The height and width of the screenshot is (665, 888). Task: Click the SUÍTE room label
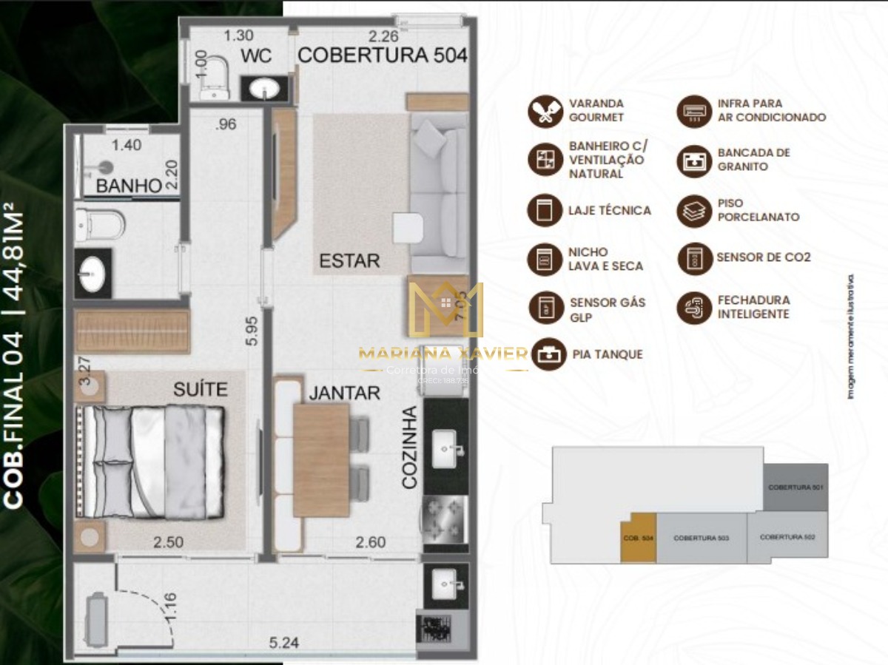point(200,389)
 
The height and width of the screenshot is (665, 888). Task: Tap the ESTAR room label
point(349,260)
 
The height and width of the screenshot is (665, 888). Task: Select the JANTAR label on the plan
point(344,393)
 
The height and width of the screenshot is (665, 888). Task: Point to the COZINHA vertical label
point(410,447)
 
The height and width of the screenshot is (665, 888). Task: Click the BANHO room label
point(129,186)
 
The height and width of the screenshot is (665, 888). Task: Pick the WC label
point(255,56)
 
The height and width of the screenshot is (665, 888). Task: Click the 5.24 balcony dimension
point(283,643)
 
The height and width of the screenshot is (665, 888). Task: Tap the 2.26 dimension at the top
point(384,36)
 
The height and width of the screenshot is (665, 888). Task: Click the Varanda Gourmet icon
point(545,111)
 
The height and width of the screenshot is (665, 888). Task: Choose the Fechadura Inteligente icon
point(694,307)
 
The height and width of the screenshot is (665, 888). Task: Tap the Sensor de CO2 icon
point(694,258)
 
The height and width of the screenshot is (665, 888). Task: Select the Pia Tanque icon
point(548,354)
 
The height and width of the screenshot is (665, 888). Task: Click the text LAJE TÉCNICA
point(609,210)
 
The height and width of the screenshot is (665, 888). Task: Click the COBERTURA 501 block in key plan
point(795,487)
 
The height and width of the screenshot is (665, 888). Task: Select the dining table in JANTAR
point(321,459)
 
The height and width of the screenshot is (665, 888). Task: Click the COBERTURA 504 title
point(382,55)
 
